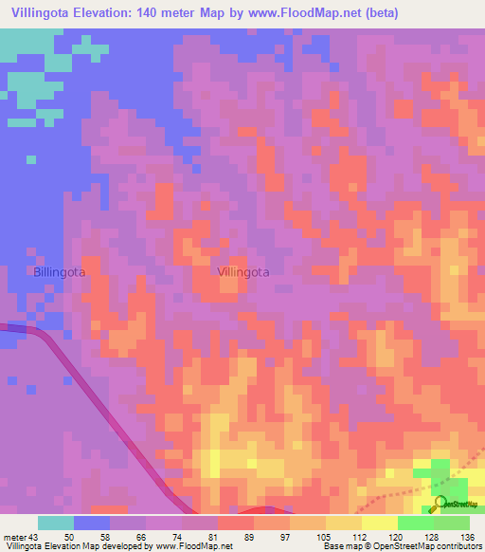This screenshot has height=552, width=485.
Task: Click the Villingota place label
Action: (243, 271)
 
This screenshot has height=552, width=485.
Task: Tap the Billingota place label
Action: (60, 271)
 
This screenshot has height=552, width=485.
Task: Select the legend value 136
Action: (466, 537)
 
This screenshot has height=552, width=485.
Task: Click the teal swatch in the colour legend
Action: (56, 523)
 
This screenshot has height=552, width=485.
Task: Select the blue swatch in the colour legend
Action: (92, 523)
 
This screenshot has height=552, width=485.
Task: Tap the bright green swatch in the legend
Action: (416, 523)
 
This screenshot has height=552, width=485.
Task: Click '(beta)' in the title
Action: (372, 13)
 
